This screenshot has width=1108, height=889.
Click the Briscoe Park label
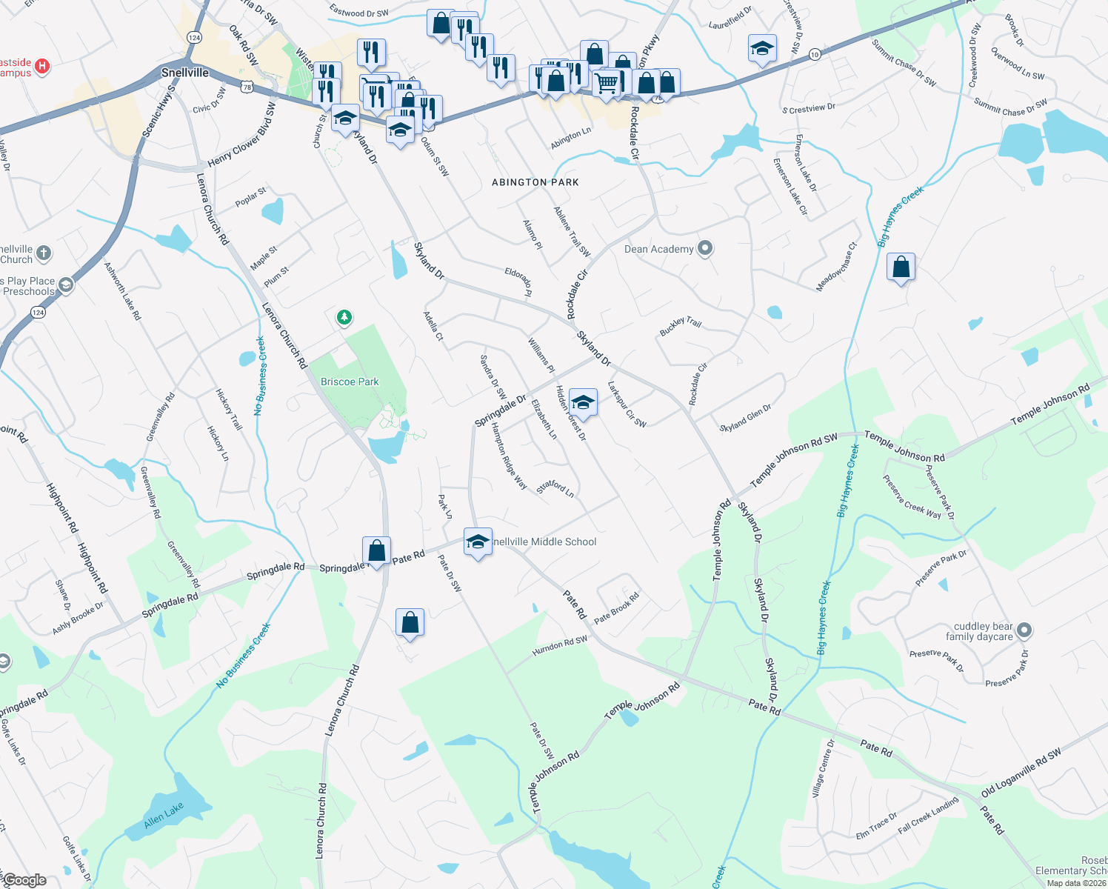pos(350,382)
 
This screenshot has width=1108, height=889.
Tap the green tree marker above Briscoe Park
pos(344,318)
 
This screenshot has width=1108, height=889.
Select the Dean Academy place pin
pos(705,248)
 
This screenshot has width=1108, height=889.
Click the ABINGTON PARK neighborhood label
pos(535,182)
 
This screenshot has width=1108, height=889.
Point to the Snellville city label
pos(185,73)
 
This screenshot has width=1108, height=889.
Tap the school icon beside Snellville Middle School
pos(478,542)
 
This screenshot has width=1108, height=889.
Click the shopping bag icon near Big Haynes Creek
pos(901,267)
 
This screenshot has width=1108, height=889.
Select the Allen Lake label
pos(164,815)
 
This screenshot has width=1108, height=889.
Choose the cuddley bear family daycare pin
pos(1024,630)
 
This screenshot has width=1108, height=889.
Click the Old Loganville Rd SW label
pos(1021,773)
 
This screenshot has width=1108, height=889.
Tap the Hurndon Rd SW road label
pos(560,645)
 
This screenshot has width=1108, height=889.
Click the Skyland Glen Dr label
pos(745,418)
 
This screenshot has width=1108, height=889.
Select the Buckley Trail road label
pos(680,326)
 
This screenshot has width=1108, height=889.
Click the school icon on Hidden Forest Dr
pos(583,402)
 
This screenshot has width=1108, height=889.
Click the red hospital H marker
pos(42,66)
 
